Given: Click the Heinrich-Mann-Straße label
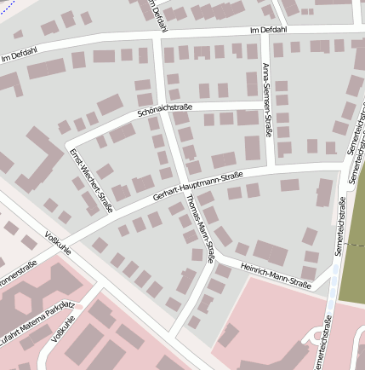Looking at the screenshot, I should tap(274, 272).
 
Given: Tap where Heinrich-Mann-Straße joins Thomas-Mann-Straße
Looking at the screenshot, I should tap(214, 258).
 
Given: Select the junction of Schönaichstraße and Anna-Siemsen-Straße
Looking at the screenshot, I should tap(265, 103).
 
